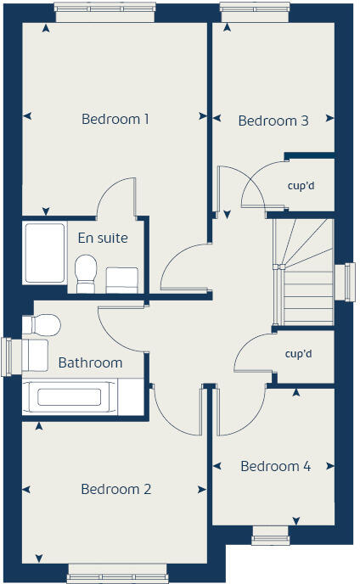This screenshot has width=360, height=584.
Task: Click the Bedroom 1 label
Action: pyautogui.click(x=115, y=119)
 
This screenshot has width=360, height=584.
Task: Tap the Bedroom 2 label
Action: pyautogui.click(x=116, y=489)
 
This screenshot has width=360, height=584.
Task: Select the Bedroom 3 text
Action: pyautogui.click(x=273, y=121)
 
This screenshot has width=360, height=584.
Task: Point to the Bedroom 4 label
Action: pyautogui.click(x=275, y=466)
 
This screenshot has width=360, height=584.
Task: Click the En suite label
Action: pyautogui.click(x=103, y=238)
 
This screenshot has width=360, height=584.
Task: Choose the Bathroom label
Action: pyautogui.click(x=90, y=362)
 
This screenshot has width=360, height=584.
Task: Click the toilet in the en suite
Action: pyautogui.click(x=85, y=273)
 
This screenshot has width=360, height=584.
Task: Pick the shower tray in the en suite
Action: pyautogui.click(x=42, y=253)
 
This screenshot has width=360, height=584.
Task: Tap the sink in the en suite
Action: pyautogui.click(x=122, y=279)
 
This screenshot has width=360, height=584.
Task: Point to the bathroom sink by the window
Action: pyautogui.click(x=36, y=354)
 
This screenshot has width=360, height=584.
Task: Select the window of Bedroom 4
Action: pyautogui.click(x=271, y=535)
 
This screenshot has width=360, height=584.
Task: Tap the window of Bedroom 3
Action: pyautogui.click(x=253, y=11)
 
